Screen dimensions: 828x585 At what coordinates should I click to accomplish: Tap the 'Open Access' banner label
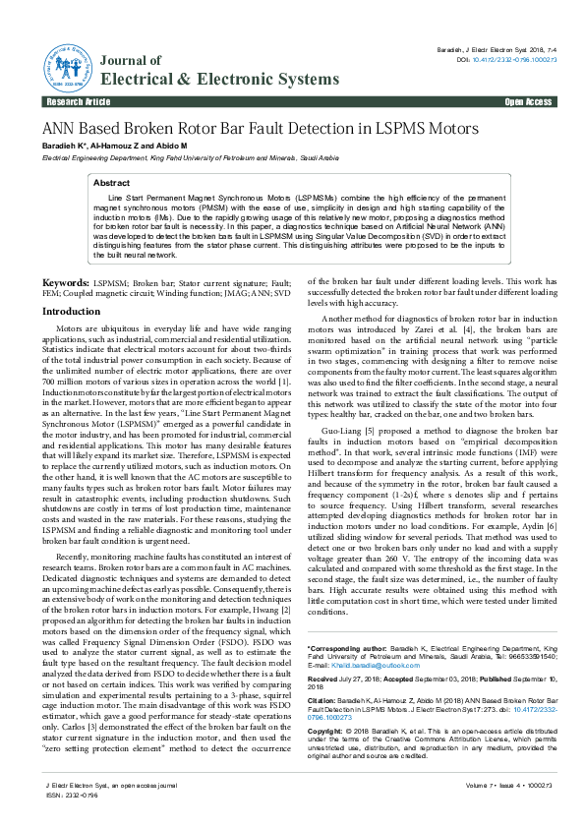pos(528,101)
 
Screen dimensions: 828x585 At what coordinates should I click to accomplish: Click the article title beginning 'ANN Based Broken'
pos(260,129)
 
